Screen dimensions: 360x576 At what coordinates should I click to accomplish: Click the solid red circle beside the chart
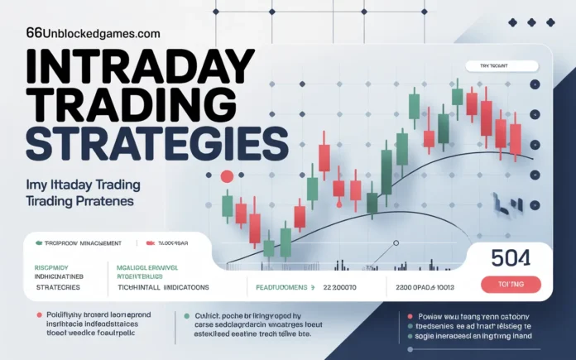click(x=226, y=175)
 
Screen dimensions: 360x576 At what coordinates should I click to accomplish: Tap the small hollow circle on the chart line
click(x=396, y=243)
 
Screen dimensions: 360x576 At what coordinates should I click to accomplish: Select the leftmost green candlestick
click(x=228, y=205)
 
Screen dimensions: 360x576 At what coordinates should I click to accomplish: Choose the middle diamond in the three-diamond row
click(x=530, y=22)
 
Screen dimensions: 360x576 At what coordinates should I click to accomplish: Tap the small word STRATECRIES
click(x=58, y=286)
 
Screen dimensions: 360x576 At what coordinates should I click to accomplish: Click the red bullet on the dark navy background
click(x=408, y=315)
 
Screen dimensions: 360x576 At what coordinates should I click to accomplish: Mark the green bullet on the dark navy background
click(x=184, y=315)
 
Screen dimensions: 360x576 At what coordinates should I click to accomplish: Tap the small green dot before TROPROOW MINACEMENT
click(x=38, y=243)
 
